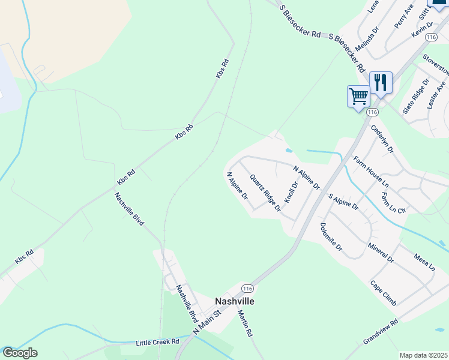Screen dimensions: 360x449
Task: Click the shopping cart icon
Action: coord(358,96)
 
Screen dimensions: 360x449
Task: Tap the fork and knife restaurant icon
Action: coord(381,82)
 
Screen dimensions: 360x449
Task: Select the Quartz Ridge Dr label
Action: coord(265,193)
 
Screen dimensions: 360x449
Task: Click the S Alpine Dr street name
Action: coord(343,202)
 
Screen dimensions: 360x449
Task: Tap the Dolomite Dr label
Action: coord(331,237)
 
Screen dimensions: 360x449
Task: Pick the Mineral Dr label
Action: coord(381,253)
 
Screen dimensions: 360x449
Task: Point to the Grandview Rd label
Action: coord(381,332)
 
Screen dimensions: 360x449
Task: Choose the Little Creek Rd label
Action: coord(158,341)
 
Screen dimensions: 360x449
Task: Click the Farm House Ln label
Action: coord(371,171)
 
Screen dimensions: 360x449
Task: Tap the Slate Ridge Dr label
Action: coord(415,97)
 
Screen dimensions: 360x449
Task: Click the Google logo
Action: coord(20,353)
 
